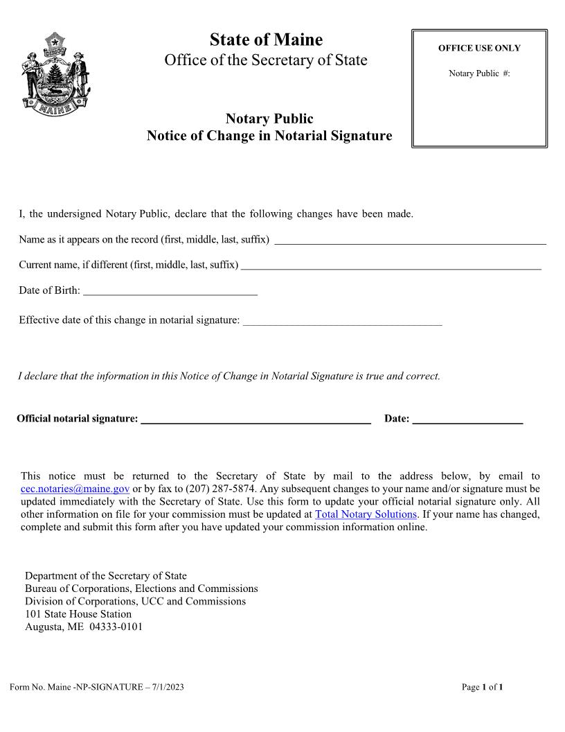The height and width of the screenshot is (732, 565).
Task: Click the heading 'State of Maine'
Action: (x=266, y=40)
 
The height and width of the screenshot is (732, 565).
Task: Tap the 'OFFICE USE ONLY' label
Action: (x=479, y=49)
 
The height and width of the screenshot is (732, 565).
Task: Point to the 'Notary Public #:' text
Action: (x=479, y=73)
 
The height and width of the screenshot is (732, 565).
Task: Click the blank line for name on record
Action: (x=410, y=242)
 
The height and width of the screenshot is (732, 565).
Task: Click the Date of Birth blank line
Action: (x=170, y=293)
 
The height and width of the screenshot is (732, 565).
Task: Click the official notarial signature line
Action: (x=255, y=421)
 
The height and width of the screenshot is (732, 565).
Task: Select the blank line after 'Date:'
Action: (x=467, y=421)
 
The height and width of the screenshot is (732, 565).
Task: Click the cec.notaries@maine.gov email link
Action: (x=75, y=489)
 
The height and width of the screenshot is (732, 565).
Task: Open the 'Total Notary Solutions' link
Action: (x=366, y=514)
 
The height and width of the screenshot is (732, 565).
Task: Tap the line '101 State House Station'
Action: (x=78, y=614)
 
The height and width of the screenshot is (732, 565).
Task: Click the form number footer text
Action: (x=97, y=687)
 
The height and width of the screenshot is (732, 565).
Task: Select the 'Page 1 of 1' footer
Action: (x=482, y=687)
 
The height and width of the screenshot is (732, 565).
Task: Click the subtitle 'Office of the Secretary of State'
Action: (x=266, y=60)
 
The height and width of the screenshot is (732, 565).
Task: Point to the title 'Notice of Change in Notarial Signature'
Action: (x=269, y=136)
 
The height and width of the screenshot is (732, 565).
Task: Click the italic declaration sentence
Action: (x=228, y=376)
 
